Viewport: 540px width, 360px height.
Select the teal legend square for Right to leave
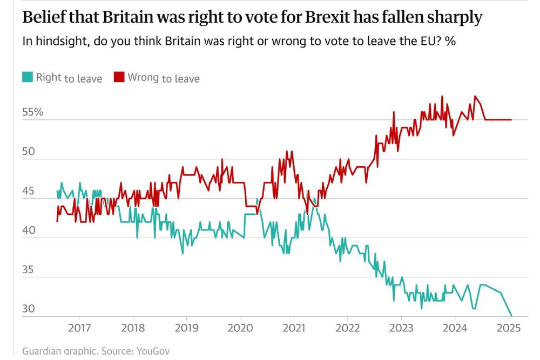(x=27, y=78)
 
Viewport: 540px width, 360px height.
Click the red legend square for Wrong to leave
(x=119, y=78)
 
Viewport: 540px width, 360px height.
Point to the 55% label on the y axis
(x=32, y=112)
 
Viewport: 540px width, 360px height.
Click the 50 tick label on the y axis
(x=28, y=152)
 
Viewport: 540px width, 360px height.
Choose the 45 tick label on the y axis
(x=28, y=191)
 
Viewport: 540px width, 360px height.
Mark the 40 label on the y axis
(x=28, y=230)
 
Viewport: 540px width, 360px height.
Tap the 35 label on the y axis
(x=28, y=270)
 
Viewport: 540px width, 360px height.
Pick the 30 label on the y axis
(x=28, y=309)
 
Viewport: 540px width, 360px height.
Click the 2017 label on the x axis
(x=79, y=329)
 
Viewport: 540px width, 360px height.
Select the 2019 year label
(x=186, y=329)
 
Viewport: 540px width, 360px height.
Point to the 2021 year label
(x=294, y=329)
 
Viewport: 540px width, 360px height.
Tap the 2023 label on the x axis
(x=401, y=329)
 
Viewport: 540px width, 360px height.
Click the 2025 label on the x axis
(x=509, y=329)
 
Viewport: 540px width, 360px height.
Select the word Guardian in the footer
(x=43, y=351)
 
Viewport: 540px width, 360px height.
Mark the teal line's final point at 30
(x=511, y=316)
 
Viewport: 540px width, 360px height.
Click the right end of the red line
(x=511, y=120)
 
